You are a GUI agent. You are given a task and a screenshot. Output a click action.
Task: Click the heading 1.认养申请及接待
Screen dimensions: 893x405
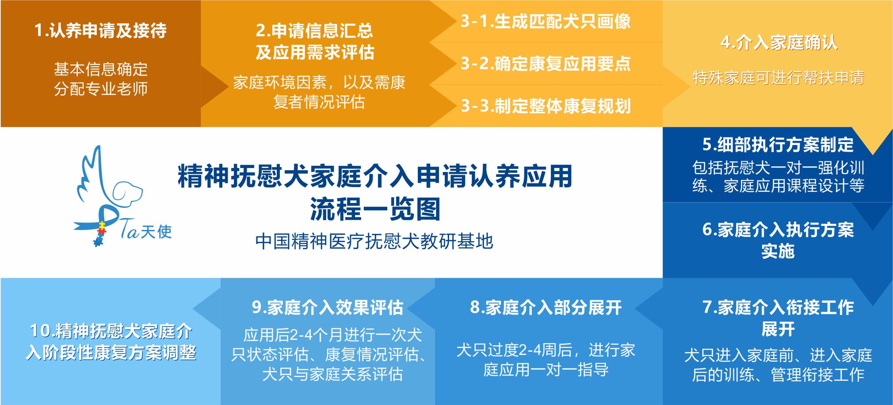point(101,31)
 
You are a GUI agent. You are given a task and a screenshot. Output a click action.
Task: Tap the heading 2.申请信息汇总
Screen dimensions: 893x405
point(314,31)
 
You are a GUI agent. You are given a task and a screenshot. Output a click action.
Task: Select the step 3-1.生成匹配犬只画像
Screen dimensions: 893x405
point(546,21)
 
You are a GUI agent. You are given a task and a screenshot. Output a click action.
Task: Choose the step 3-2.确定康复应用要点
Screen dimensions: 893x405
point(546,64)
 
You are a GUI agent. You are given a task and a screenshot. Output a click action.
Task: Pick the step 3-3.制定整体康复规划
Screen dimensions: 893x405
point(546,106)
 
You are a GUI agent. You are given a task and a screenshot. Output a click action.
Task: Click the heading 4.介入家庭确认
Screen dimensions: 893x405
point(779,42)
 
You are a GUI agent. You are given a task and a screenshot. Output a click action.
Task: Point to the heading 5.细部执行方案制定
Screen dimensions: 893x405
point(778,145)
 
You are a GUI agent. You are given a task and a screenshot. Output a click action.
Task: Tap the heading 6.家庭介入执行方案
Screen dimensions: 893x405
point(778,229)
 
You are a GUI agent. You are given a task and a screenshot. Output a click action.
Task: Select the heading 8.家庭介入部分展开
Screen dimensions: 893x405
point(546,307)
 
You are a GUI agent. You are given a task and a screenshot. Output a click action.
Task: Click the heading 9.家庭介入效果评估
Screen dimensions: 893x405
point(328,307)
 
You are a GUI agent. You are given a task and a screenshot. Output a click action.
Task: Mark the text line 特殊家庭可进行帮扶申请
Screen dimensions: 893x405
point(778,78)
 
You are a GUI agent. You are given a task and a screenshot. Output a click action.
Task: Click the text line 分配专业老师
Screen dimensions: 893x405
point(101,89)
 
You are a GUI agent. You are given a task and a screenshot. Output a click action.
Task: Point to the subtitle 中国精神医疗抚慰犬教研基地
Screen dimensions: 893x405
point(374,241)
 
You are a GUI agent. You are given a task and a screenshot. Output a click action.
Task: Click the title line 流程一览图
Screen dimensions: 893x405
point(375,209)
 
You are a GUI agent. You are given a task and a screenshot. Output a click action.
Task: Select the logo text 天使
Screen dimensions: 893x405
point(156,231)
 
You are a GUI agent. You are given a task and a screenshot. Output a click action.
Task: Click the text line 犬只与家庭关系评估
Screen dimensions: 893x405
point(332,374)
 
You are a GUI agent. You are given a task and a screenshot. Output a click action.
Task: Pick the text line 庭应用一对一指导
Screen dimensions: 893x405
point(546,370)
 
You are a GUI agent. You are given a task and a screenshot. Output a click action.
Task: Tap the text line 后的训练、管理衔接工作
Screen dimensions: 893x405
point(778,375)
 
